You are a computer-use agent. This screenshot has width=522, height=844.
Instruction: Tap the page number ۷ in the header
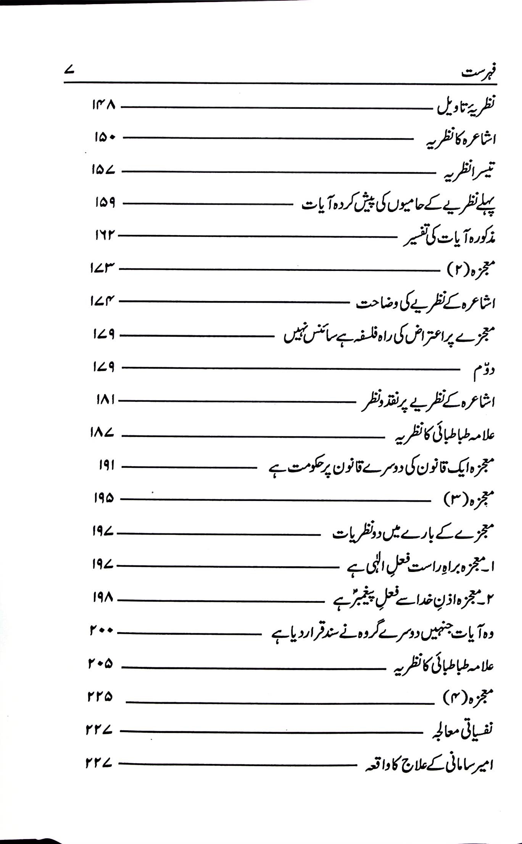point(69,71)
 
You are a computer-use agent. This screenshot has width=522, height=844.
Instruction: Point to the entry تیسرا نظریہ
point(469,172)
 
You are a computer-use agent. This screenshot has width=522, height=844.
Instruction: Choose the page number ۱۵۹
point(105,203)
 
